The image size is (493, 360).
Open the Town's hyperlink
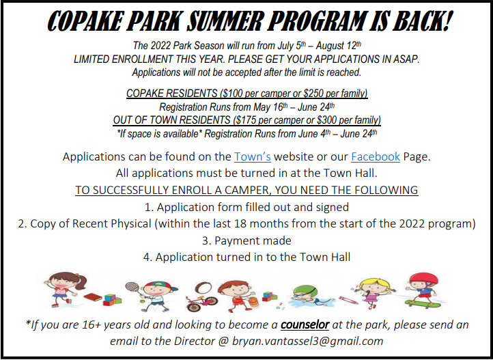click(x=253, y=156)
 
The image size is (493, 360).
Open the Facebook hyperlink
click(x=376, y=156)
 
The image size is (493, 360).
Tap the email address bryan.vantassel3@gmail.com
click(x=307, y=341)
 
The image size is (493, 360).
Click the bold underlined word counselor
click(x=305, y=324)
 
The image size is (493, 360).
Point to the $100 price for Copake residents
click(x=231, y=94)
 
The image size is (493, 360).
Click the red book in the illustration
click(x=93, y=296)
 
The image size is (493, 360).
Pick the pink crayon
click(x=348, y=300)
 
